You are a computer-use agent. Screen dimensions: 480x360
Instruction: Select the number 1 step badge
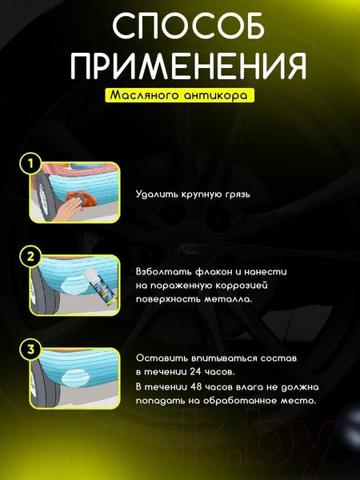[30, 165]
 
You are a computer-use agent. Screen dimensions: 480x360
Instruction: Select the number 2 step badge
[30, 257]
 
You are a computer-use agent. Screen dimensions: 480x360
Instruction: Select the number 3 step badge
[30, 348]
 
